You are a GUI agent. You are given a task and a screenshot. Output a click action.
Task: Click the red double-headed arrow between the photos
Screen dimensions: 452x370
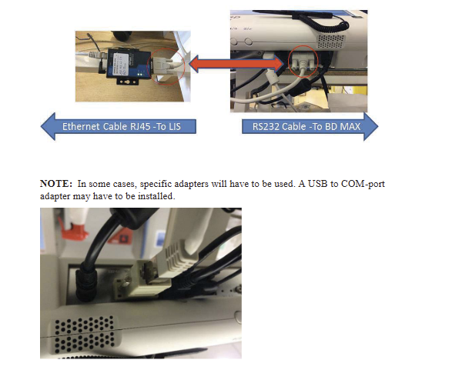[x=236, y=64]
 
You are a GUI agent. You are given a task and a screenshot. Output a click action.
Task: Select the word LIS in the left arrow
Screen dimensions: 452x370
[x=174, y=127]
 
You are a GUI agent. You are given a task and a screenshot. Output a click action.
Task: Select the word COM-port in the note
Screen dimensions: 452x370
[x=363, y=184]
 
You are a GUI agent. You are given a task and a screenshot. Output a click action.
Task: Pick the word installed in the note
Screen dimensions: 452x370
[x=156, y=196]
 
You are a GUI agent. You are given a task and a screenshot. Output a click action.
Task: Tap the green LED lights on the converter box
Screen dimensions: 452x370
[x=141, y=75]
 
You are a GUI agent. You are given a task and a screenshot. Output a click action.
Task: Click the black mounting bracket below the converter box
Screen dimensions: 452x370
[x=128, y=82]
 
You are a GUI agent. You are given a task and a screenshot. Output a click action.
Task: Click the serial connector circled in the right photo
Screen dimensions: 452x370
[x=302, y=62]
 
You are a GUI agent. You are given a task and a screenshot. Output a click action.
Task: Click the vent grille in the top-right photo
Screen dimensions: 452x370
[x=331, y=42]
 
